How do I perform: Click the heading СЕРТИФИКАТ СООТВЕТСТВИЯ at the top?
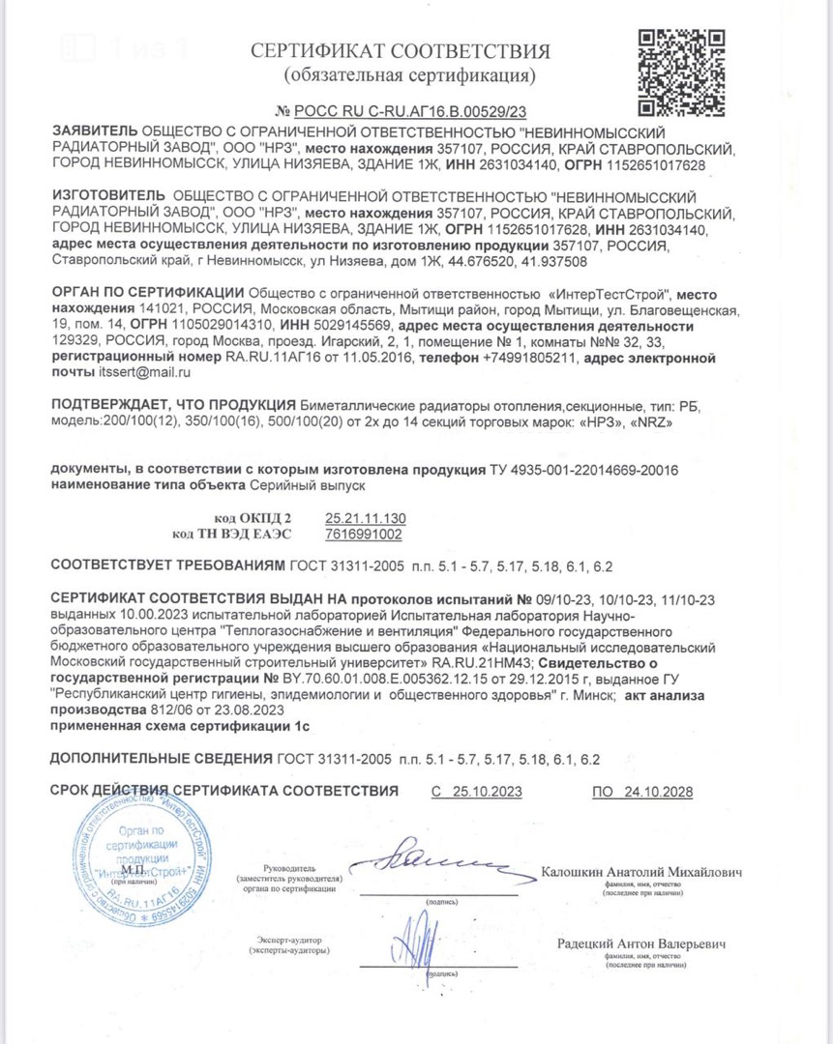(401, 51)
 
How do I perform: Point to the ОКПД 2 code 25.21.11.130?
(366, 517)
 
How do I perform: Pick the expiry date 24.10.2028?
(658, 792)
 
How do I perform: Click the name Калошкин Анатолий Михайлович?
(642, 873)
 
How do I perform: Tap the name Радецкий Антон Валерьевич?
(641, 943)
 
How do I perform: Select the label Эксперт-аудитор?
(289, 940)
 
